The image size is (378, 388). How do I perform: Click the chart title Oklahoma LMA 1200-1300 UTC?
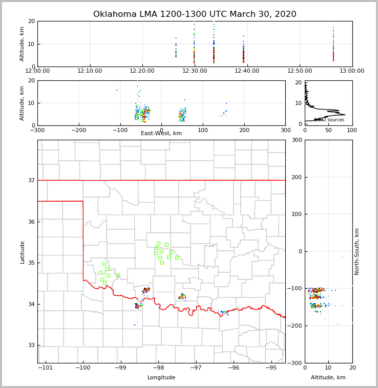(195, 14)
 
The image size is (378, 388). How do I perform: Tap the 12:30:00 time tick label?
(194, 71)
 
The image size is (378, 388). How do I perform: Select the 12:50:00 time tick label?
(300, 71)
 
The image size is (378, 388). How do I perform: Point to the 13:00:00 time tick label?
(352, 71)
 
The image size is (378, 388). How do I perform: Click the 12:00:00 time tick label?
(38, 71)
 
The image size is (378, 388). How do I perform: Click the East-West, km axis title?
(161, 134)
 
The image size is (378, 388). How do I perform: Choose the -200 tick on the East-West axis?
(79, 130)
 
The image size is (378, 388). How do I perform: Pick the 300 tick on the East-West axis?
(285, 130)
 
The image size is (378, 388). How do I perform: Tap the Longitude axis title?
(161, 378)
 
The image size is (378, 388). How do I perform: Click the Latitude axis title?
(22, 252)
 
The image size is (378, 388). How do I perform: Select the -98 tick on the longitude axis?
(158, 368)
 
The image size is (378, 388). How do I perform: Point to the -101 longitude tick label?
(46, 368)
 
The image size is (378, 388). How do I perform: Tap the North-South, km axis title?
(357, 251)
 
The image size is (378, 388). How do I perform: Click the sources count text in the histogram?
(329, 120)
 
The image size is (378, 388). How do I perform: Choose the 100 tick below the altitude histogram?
(352, 130)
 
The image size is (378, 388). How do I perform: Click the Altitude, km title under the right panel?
(328, 378)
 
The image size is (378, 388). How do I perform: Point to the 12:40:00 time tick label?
(247, 71)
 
